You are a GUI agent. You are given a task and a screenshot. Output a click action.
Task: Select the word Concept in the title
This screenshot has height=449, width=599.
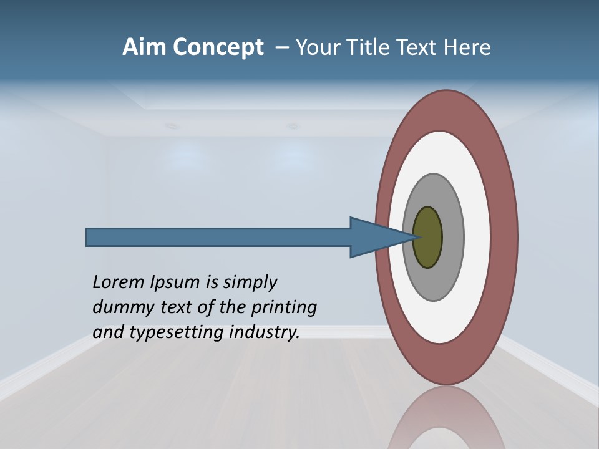click(218, 47)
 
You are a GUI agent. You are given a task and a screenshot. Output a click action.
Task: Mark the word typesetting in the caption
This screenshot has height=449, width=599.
click(177, 332)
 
